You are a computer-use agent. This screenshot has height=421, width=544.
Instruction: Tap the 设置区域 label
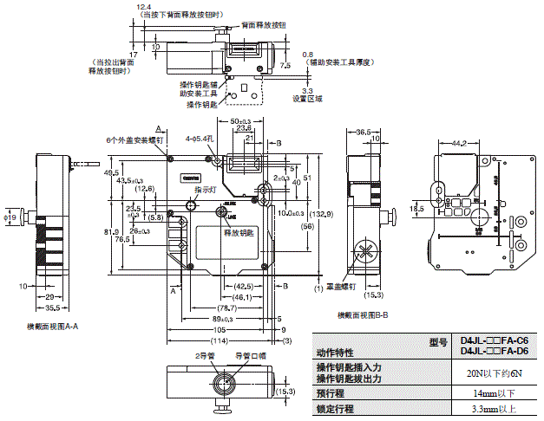tap(307, 99)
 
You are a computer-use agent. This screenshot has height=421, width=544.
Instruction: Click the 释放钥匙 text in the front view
tap(239, 233)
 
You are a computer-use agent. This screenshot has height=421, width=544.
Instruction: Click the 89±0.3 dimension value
tap(224, 318)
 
